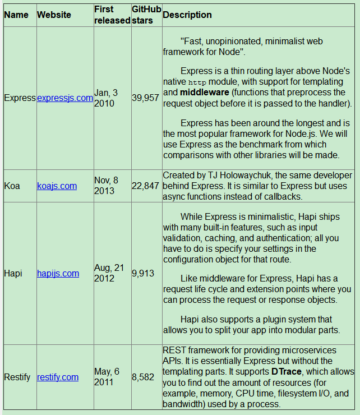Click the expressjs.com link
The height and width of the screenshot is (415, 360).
pos(65,98)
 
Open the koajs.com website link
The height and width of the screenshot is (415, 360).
pos(57,186)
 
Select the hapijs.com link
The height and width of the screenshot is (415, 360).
pos(58,273)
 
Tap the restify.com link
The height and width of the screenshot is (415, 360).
pos(58,377)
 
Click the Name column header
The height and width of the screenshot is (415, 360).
pos(16,15)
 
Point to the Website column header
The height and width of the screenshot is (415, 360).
pos(54,15)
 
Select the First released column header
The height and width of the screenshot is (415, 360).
pos(112,15)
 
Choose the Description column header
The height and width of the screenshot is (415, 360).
pos(187,15)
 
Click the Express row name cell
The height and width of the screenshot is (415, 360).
pos(20,98)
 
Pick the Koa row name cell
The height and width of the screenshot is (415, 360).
pos(12,186)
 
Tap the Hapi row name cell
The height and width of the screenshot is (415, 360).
pos(13,273)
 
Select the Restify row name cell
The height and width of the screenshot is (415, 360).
pos(17,377)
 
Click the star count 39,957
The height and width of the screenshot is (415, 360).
pos(145,98)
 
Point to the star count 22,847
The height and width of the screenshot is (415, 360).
pos(145,186)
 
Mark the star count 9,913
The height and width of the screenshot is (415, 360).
pos(142,273)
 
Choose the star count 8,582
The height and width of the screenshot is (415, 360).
pos(143,377)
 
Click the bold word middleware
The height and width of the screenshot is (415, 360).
pos(204,92)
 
